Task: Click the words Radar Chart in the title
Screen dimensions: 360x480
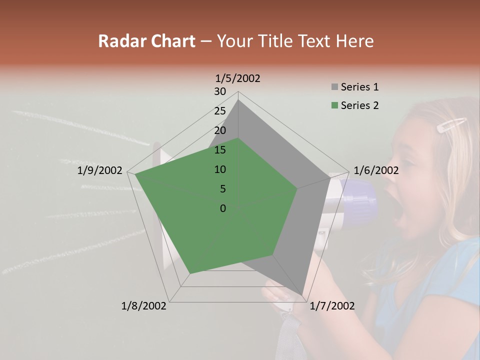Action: [x=146, y=41]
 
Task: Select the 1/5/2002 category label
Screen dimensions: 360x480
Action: [x=237, y=78]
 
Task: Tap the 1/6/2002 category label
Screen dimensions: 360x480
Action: [x=376, y=170]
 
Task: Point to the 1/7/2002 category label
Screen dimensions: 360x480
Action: [x=332, y=306]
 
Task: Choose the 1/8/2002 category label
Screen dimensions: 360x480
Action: [x=144, y=306]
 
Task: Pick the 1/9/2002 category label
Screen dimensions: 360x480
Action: [x=100, y=170]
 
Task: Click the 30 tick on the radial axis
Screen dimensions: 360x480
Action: [x=220, y=91]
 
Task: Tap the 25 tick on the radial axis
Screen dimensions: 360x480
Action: [x=220, y=111]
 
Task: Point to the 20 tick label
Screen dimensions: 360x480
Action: [x=220, y=130]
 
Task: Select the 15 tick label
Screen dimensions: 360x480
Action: [x=220, y=150]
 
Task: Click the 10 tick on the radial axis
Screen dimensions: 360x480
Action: [x=220, y=169]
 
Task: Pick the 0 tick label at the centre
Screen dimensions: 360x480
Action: [x=223, y=208]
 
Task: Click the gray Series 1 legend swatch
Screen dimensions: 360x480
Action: [x=334, y=87]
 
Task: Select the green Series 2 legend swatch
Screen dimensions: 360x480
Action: [x=334, y=105]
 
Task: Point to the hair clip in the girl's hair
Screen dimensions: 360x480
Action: [x=451, y=125]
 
